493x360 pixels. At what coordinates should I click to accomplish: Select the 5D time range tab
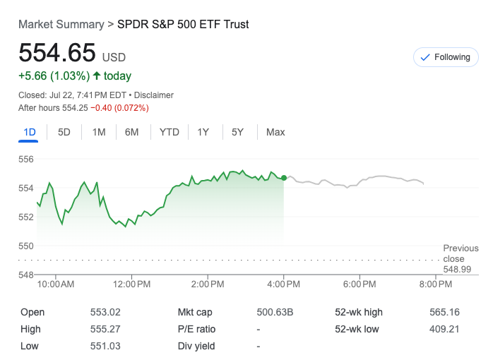pyautogui.click(x=64, y=132)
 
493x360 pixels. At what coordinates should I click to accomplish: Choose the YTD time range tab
pyautogui.click(x=170, y=132)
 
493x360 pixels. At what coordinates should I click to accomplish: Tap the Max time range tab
pyautogui.click(x=275, y=132)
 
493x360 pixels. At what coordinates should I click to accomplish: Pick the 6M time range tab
pyautogui.click(x=132, y=132)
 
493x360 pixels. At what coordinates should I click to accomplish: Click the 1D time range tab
pyautogui.click(x=30, y=132)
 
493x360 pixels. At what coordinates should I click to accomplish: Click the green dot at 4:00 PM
pyautogui.click(x=284, y=178)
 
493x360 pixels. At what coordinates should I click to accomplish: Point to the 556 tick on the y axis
pyautogui.click(x=26, y=160)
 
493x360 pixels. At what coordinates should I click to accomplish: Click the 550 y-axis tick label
pyautogui.click(x=26, y=246)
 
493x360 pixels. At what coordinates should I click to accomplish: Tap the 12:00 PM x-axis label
pyautogui.click(x=132, y=284)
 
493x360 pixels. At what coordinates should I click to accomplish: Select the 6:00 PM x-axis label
pyautogui.click(x=360, y=284)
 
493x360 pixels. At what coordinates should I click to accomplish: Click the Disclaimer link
pyautogui.click(x=154, y=95)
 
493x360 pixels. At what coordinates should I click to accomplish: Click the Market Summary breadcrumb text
pyautogui.click(x=61, y=25)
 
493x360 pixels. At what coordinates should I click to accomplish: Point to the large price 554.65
pyautogui.click(x=57, y=54)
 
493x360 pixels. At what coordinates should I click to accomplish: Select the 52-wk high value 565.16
pyautogui.click(x=444, y=312)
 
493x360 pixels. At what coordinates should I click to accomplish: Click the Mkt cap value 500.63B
pyautogui.click(x=275, y=312)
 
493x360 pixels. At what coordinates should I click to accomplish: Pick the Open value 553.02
pyautogui.click(x=106, y=312)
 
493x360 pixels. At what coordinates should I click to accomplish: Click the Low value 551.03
pyautogui.click(x=106, y=346)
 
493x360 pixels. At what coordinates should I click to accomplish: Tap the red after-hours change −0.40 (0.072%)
pyautogui.click(x=119, y=108)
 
